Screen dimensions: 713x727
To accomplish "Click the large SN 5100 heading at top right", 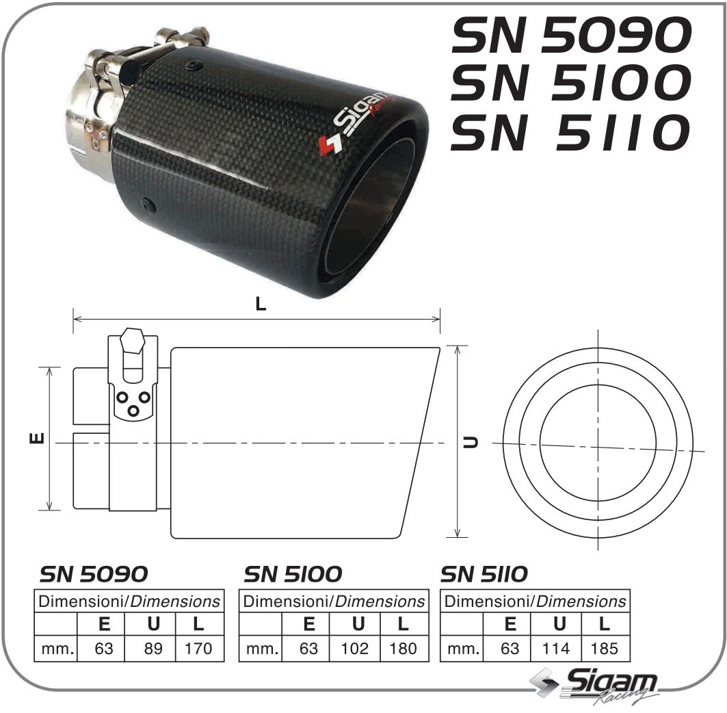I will point(569,83).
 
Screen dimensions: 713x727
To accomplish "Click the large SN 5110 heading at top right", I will point(569,132).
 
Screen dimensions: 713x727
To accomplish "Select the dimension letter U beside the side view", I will point(471,441).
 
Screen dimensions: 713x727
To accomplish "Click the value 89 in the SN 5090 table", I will point(153,648).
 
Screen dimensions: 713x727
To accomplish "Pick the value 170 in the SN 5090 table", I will point(199,648).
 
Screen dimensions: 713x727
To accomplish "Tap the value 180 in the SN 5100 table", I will point(403,648).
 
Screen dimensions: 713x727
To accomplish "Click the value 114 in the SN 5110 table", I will point(556,648).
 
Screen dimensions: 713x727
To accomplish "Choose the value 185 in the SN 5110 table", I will point(603,648).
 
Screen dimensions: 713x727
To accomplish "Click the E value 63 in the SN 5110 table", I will point(510,648).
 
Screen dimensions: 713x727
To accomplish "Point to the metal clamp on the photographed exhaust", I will point(103,109).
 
